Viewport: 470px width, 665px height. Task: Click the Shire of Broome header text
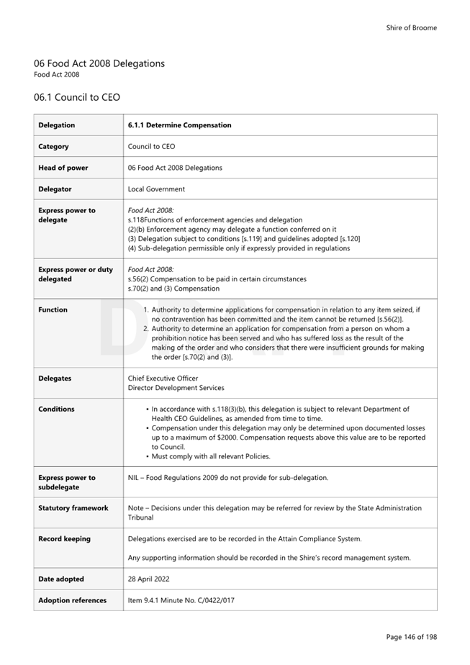[x=411, y=28]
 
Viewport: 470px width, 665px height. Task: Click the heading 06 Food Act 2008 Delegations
[x=99, y=63]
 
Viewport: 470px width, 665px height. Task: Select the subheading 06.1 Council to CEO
[x=76, y=97]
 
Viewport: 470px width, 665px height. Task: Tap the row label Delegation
[x=57, y=125]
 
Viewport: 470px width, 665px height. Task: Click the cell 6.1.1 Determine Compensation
[x=179, y=125]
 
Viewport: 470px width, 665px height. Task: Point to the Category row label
[x=54, y=147]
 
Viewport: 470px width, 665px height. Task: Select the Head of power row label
[x=63, y=168]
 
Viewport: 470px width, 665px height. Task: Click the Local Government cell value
[x=156, y=189]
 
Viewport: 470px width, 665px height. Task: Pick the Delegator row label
[x=55, y=189]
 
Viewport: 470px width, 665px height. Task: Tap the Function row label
[x=53, y=310]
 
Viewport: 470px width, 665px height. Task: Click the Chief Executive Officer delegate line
[x=163, y=378]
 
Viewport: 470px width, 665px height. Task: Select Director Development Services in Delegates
[x=176, y=388]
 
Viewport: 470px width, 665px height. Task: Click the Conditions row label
[x=56, y=410]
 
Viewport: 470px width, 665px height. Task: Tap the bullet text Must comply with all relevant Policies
[x=211, y=456]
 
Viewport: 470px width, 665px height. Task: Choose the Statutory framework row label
[x=73, y=508]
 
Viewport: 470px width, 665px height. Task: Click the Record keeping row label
[x=65, y=539]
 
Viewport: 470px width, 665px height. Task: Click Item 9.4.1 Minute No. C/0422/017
[x=181, y=601]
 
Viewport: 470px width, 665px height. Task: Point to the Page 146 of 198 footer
[x=411, y=637]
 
